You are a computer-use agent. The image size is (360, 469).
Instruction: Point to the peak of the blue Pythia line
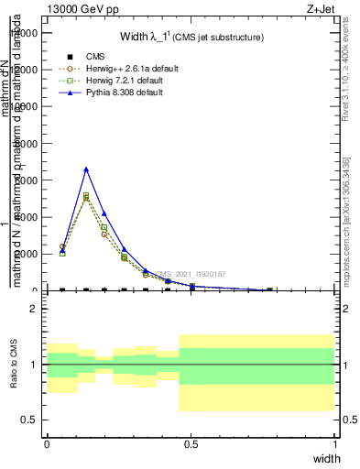point(86,169)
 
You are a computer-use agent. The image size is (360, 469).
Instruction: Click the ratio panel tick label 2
point(34,310)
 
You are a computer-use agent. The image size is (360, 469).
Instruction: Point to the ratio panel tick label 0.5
point(31,420)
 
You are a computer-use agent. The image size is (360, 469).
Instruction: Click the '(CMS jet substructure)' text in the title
point(220,38)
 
